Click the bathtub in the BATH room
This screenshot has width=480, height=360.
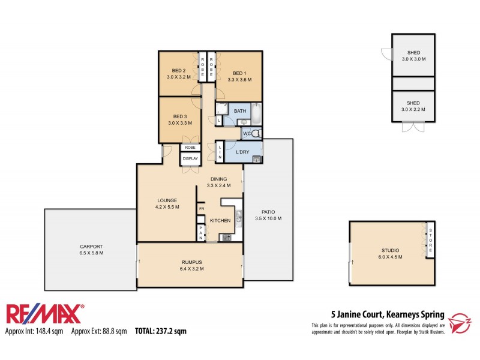(257, 112)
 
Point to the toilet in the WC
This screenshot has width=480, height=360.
(256, 133)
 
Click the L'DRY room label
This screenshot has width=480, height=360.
(242, 151)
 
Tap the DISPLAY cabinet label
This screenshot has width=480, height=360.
(190, 158)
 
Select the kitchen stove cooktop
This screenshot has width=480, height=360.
(227, 238)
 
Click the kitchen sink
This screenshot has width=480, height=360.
(238, 217)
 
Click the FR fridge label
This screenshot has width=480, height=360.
(202, 209)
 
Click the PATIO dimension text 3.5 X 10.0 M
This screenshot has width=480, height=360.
(268, 218)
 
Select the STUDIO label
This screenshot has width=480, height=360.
(390, 250)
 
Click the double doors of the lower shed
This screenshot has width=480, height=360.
(413, 128)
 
